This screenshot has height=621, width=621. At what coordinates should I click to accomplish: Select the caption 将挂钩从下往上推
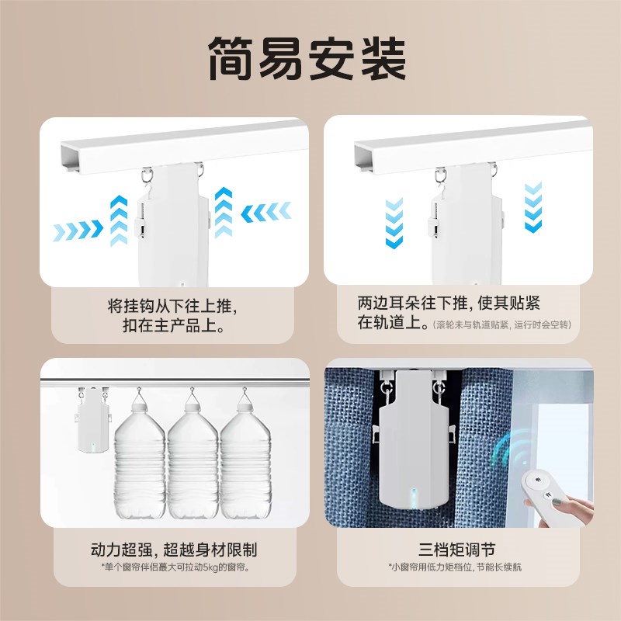172,305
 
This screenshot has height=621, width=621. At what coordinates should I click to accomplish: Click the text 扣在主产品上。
172,327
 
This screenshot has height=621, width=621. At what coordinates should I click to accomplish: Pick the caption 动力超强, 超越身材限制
172,550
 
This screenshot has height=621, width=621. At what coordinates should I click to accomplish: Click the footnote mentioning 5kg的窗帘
172,568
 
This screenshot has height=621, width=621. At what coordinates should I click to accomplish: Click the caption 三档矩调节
454,550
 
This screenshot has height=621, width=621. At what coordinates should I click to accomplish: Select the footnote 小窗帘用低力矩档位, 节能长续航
454,568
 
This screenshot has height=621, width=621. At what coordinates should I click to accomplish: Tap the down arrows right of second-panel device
533,207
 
